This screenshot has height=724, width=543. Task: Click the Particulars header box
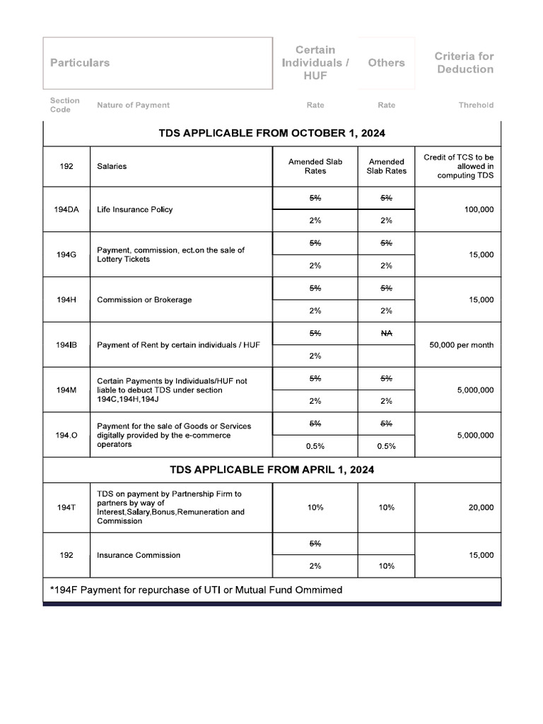tap(158, 63)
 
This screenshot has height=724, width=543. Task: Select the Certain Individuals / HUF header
tap(315, 62)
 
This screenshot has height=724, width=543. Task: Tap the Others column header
tap(386, 63)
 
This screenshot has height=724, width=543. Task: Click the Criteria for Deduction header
tap(464, 63)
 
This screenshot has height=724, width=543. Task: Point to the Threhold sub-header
tap(476, 105)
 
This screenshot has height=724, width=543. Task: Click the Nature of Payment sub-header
tap(133, 105)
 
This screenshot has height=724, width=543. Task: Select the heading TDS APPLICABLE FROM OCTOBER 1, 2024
tap(272, 133)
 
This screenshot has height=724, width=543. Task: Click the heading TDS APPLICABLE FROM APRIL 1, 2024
tap(272, 469)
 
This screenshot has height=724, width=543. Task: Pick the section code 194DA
tap(66, 209)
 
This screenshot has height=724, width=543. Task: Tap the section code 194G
tap(66, 255)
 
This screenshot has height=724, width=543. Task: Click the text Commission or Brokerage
tap(144, 300)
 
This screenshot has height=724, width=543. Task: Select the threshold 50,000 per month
tap(462, 345)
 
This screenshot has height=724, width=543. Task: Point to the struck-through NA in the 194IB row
tap(386, 333)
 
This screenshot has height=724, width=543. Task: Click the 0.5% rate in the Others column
tap(386, 446)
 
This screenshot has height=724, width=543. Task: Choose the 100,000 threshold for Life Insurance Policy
tap(479, 209)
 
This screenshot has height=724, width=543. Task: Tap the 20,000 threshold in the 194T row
tap(481, 508)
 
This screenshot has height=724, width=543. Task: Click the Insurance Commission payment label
tap(139, 555)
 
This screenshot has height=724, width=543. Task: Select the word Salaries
tap(112, 167)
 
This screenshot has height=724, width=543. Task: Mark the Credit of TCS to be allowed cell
tap(458, 166)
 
